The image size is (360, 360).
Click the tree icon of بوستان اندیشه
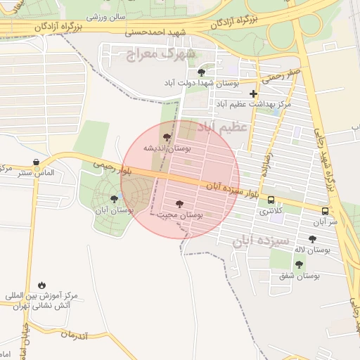(167, 138)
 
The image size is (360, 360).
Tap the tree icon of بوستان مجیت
(179, 204)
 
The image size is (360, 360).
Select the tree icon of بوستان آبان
(114, 199)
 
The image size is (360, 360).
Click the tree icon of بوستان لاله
(312, 239)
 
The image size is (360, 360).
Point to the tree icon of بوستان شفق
(299, 264)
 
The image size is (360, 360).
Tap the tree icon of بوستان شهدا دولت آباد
(202, 72)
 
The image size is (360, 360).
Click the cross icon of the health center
(254, 94)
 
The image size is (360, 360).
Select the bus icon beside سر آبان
(325, 210)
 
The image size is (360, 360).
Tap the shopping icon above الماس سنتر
(36, 162)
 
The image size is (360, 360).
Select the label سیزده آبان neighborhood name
(262, 240)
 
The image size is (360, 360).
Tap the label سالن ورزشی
(105, 15)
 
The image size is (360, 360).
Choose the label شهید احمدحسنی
(153, 32)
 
